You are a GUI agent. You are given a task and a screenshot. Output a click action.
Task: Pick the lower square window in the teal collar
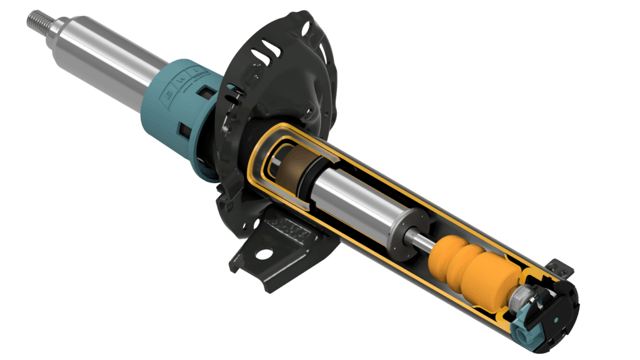[184, 130]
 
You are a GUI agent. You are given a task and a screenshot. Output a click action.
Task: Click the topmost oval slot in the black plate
[306, 29]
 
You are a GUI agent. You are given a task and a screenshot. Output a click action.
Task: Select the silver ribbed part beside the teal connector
[521, 301]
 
